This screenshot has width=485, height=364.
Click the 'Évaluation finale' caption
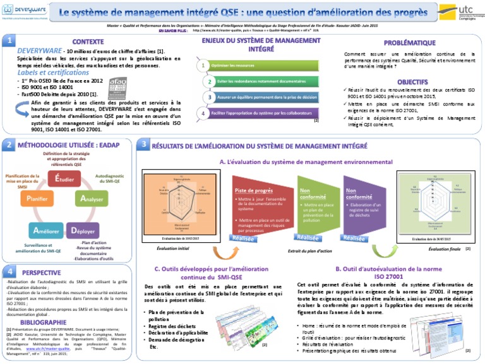tap(445, 250)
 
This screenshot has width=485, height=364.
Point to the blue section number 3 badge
tap(145, 145)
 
